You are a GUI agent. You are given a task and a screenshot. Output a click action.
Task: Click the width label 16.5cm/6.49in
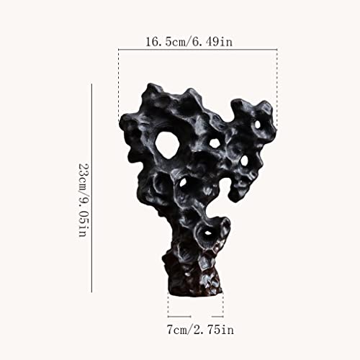[x=189, y=42]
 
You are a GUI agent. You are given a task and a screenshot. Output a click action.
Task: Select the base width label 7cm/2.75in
[x=200, y=329]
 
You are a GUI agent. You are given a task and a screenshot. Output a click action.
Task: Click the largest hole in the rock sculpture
[x=167, y=145]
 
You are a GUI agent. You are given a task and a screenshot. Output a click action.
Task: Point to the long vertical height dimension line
[x=91, y=188]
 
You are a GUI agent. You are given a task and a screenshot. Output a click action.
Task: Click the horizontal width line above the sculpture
[x=198, y=50]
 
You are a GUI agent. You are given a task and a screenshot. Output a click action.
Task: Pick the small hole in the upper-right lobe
[x=257, y=124]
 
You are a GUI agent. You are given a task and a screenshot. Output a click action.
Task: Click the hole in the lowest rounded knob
[x=208, y=233]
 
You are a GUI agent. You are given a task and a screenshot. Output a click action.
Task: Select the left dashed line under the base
[x=168, y=305]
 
